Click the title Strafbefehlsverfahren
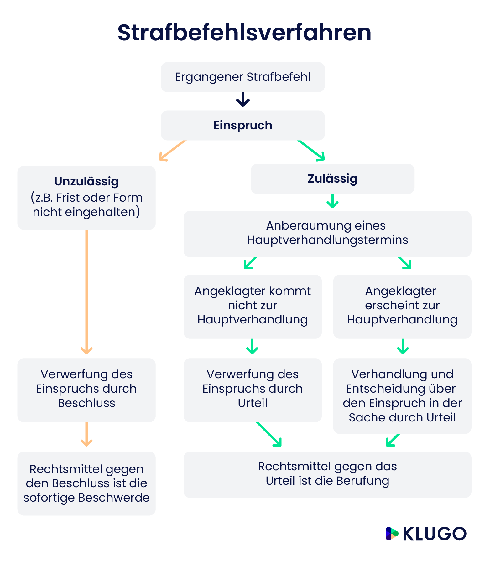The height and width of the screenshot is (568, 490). (x=244, y=33)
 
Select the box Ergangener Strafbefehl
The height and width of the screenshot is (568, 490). (x=242, y=77)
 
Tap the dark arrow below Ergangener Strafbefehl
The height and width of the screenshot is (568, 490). (x=243, y=100)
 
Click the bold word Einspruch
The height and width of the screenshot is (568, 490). (x=242, y=125)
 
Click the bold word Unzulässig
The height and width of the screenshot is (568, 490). (x=86, y=181)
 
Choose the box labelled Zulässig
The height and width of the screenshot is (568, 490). (x=332, y=178)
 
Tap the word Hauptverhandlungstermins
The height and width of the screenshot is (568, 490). (x=327, y=240)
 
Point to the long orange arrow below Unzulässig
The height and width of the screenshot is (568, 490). (x=86, y=291)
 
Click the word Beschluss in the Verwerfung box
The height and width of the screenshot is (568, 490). (x=86, y=403)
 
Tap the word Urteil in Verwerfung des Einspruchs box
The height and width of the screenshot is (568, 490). (x=253, y=403)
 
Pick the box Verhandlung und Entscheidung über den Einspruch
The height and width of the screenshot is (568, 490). (x=402, y=395)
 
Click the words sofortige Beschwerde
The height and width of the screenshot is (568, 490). (x=86, y=498)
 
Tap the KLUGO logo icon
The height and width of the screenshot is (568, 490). (x=392, y=534)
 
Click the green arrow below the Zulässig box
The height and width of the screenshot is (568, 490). (x=332, y=202)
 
